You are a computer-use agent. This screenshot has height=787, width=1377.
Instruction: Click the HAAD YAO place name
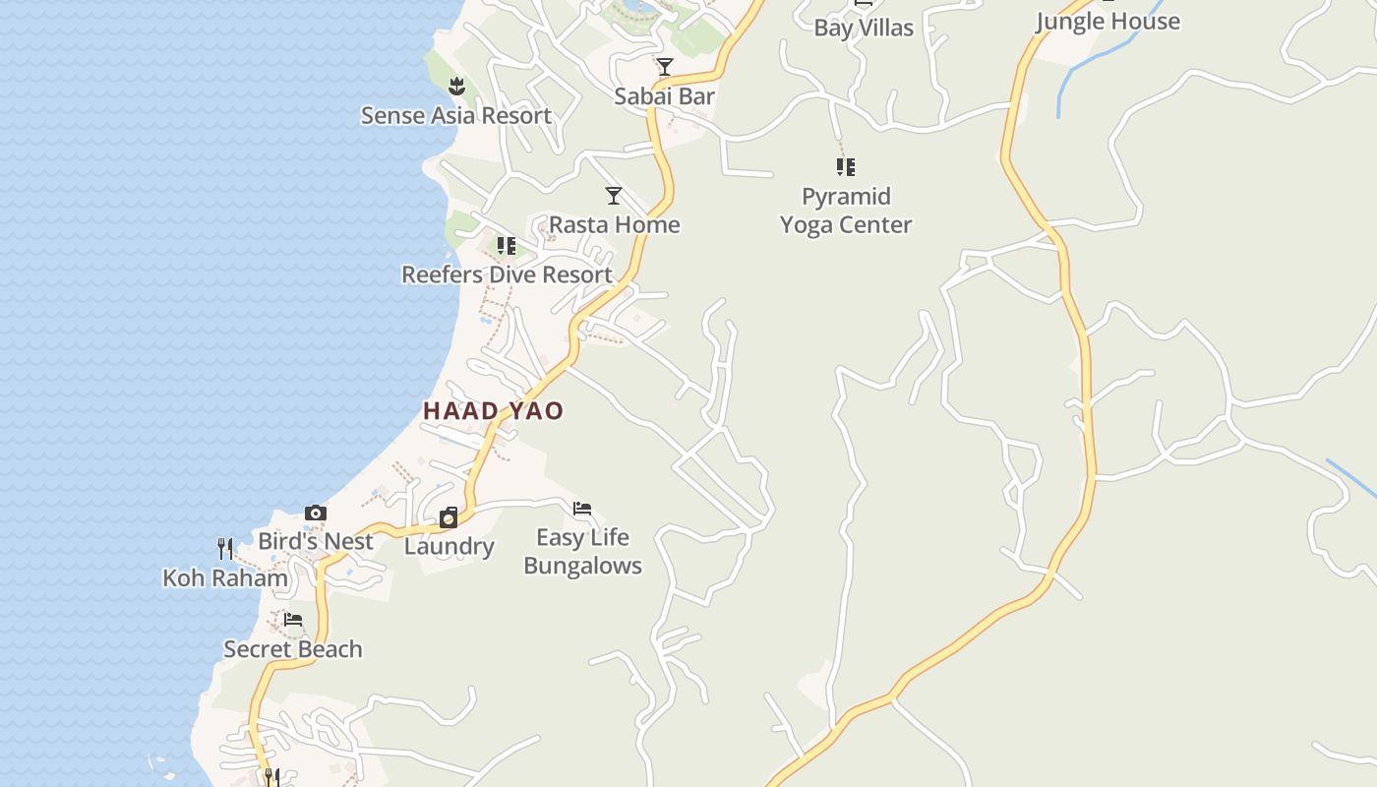[493, 410]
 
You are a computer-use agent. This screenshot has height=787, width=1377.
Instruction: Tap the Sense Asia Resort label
[455, 115]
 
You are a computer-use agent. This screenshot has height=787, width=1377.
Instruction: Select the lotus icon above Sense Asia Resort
[456, 87]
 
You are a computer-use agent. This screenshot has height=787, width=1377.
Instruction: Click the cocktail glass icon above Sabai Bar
[665, 67]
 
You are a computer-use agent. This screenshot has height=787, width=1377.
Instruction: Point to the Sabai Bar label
[664, 95]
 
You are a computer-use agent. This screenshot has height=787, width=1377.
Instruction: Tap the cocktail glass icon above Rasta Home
[614, 196]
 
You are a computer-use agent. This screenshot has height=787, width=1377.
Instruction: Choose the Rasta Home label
[614, 224]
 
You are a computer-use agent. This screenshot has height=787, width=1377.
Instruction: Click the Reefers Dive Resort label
[507, 274]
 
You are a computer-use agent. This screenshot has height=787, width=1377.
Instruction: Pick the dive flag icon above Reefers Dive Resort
[507, 246]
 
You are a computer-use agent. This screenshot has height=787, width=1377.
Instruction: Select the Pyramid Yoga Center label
[846, 211]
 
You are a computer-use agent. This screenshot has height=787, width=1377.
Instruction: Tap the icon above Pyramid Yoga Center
[846, 167]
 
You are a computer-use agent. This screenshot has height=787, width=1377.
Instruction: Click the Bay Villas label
[864, 28]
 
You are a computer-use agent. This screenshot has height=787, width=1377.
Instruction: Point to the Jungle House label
[1108, 21]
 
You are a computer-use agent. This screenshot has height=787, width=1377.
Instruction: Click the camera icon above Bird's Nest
[316, 513]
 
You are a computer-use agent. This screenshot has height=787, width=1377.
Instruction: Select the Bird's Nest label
[316, 541]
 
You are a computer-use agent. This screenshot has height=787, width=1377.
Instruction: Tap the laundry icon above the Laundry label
[449, 517]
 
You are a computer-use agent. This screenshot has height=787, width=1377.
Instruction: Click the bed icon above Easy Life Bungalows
[582, 509]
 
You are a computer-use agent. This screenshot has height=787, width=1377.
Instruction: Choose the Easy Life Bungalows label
[582, 551]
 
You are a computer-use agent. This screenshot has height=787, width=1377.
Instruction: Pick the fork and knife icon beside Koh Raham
[225, 548]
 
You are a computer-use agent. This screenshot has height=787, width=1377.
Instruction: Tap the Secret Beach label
[293, 648]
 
